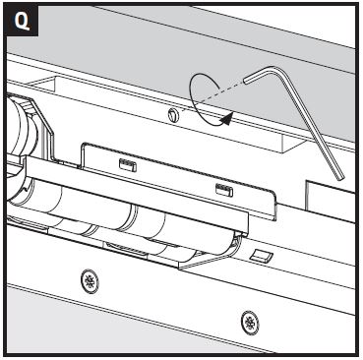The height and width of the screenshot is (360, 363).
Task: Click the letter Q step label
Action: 22,21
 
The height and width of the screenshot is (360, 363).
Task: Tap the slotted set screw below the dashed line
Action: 173,116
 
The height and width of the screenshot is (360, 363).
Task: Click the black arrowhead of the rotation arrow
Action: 227,119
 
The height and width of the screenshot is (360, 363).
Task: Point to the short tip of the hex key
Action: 246,80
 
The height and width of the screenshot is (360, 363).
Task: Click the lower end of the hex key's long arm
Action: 339,177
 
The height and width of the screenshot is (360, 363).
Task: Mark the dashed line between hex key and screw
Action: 213,96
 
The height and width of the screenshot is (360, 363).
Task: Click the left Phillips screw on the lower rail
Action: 90,281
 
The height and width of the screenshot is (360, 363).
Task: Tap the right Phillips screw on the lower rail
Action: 250,323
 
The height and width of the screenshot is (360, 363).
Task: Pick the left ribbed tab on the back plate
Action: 128,165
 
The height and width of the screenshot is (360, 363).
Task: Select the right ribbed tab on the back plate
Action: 224,190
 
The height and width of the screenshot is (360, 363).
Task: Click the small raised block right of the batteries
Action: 261,255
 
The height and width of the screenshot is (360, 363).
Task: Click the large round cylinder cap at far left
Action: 20,128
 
